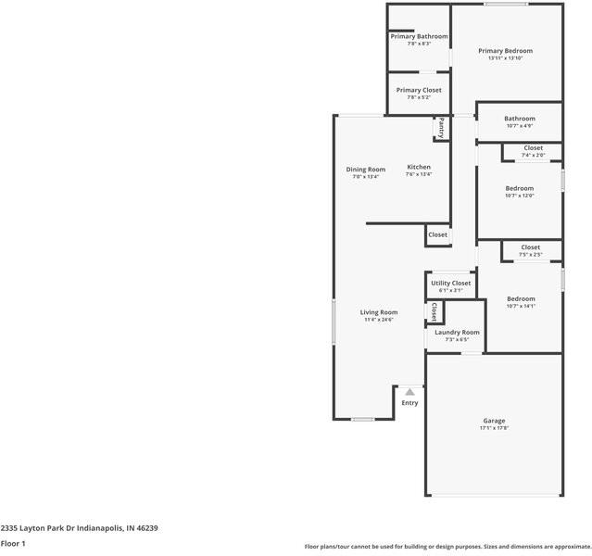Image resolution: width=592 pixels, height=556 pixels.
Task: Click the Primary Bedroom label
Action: coord(505,51)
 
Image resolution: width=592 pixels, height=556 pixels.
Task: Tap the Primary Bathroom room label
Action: coord(419,37)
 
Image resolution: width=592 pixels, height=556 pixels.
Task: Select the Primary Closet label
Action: coord(419,90)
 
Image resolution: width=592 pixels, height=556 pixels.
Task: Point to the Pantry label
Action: coord(442,127)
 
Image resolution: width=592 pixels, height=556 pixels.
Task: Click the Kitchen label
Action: coord(419,167)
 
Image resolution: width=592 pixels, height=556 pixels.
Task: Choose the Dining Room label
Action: coord(365,170)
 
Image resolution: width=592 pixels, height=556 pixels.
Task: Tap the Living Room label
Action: coord(378,312)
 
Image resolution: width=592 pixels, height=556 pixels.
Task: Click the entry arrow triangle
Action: coord(409,392)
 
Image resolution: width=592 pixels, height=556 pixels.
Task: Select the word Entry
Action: coord(409,403)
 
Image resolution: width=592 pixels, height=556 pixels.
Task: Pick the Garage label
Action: coord(494,421)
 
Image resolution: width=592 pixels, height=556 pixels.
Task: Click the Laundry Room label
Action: coord(457,332)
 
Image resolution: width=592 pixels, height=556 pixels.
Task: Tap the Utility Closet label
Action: coord(451,283)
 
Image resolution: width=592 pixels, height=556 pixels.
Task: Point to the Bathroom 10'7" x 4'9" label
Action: coord(519,119)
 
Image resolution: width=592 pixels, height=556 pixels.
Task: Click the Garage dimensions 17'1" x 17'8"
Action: coord(494,429)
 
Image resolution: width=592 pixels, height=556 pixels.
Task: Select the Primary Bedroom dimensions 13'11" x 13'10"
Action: coord(505,59)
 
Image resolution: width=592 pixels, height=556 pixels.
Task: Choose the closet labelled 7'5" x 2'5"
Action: coord(530,247)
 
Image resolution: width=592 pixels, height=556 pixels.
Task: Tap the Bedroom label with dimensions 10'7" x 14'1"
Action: coord(521,298)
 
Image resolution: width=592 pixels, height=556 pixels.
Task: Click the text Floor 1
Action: coord(13,543)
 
